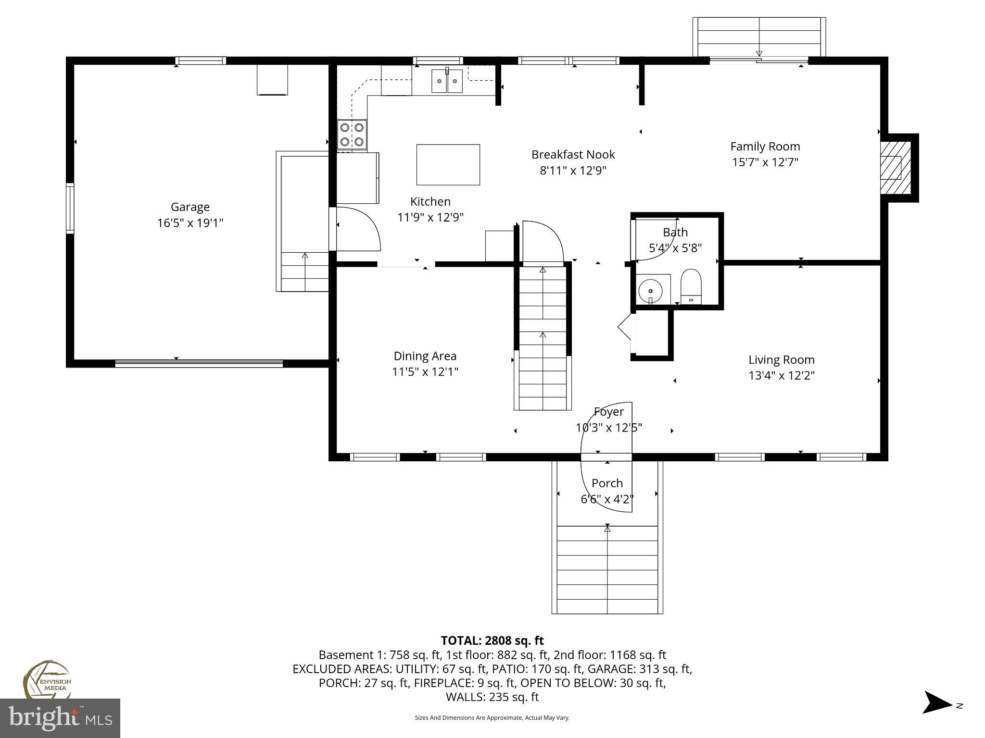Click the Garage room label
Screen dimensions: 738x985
190,207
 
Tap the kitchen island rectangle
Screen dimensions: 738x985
448,165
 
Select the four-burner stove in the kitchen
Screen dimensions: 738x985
352,135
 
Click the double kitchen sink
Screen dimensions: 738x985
447,81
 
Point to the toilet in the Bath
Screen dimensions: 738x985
691,286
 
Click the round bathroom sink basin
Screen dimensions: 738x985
650,291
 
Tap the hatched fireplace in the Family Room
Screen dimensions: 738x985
890,168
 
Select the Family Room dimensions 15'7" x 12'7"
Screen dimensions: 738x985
765,162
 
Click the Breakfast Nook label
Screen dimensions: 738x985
573,155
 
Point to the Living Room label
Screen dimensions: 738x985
781,360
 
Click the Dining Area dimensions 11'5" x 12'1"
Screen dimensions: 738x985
425,372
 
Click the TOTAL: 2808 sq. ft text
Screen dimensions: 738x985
492,640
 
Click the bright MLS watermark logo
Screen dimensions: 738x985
60,718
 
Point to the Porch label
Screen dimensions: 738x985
607,483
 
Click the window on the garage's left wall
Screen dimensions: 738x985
70,208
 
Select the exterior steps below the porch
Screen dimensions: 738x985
607,570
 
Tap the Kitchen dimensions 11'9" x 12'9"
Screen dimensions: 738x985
430,218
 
